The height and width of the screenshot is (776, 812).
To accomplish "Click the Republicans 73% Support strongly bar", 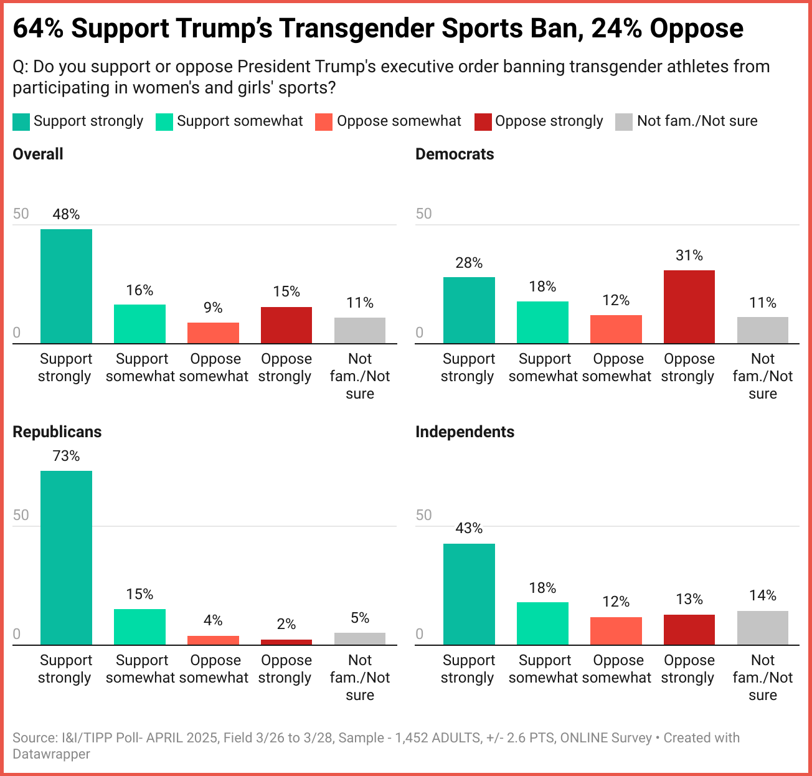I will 66,557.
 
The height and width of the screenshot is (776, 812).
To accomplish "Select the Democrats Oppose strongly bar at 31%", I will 689,307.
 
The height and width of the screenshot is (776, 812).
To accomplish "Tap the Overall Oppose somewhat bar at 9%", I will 213,333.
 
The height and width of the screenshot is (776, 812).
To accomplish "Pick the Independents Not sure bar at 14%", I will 763,628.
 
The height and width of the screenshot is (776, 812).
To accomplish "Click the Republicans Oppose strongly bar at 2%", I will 286,642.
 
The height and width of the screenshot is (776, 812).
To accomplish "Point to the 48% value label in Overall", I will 66,214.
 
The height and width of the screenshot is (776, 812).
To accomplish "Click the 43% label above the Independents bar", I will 469,528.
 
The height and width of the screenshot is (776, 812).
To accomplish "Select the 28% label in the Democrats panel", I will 469,263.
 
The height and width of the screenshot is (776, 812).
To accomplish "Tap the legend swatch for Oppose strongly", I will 483,122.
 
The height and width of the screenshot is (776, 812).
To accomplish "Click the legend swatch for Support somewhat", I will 164,122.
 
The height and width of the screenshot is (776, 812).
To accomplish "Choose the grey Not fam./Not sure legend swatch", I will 624,122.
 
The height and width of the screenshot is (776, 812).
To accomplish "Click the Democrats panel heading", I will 455,154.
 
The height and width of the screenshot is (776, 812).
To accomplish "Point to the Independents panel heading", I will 465,432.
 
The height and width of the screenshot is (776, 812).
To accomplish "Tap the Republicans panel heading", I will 57,432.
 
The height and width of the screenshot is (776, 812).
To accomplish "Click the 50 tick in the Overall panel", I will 21,214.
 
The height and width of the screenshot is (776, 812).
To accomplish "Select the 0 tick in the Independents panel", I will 420,634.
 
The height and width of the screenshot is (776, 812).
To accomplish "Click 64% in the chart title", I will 37,29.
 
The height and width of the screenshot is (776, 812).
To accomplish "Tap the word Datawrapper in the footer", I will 51,754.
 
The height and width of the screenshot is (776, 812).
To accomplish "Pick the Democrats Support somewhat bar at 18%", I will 542,323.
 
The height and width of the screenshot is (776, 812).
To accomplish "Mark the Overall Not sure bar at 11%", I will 360,331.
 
